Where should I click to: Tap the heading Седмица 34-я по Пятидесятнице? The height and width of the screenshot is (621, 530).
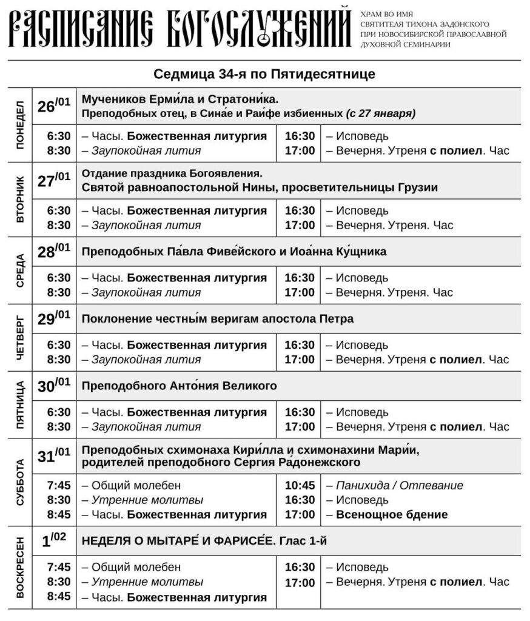click(264, 74)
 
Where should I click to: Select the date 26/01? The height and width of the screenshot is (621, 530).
click(54, 106)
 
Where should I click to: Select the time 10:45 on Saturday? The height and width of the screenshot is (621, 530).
click(300, 486)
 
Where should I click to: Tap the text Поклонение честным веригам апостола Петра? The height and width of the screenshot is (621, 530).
click(217, 319)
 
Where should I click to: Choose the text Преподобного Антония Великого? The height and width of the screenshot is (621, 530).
click(179, 386)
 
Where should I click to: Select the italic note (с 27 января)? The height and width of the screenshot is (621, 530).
click(381, 113)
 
